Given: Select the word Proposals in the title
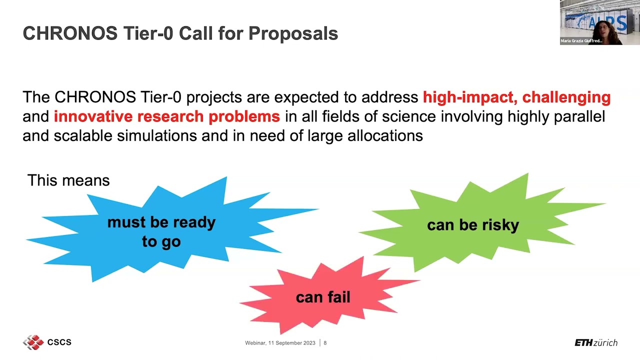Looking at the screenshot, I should coord(293,33).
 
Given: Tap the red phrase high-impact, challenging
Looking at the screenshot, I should coord(516,97).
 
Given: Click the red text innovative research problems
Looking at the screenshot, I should coord(166,116).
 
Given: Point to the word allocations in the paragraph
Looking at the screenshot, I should coord(385,135).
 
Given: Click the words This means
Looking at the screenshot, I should coord(68,180).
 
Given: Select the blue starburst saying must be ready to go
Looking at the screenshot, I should coord(161,231).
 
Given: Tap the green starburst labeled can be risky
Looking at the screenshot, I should coord(472,225).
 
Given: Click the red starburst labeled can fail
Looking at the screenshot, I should coord(323,297).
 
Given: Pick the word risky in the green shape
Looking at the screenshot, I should coord(500,225).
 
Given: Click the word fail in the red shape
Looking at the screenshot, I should coord(337,297).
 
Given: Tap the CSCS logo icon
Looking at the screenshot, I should coord(33,342).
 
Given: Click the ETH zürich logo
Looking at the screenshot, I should coord(595,342).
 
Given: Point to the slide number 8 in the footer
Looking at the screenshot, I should coord(325,343).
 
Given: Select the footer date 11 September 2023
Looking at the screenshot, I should coord(292,343).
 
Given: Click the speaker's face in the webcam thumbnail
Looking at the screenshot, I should coord(598,30).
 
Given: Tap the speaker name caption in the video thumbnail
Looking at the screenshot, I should coord(581,41).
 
